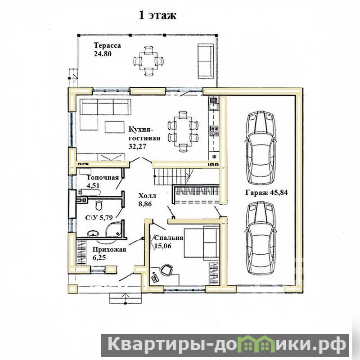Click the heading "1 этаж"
157,15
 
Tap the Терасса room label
107,45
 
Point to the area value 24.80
103,54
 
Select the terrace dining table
148,61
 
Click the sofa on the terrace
206,61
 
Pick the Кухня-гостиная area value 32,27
137,147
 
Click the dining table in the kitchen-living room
183,131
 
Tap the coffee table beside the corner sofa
115,127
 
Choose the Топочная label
103,177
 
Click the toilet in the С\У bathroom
99,205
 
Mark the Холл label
147,196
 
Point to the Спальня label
168,238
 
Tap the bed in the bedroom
202,243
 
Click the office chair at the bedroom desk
166,269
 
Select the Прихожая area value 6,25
99,257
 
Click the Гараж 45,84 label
266,193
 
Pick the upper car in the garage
261,148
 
